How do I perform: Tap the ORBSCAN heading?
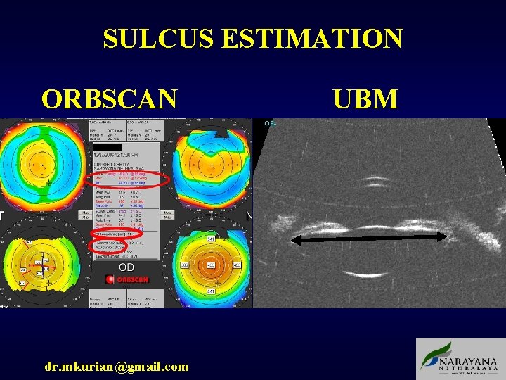pos(109,99)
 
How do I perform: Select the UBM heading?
pos(365,99)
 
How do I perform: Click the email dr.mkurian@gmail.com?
pos(116,366)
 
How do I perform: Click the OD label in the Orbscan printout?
pos(126,267)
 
